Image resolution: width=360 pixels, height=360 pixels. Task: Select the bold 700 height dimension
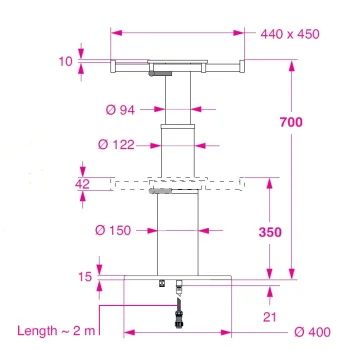291,122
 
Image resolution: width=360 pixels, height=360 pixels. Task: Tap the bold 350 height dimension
270,232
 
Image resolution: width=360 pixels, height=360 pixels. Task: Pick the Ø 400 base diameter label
312,332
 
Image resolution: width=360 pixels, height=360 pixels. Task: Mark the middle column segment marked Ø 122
178,150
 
